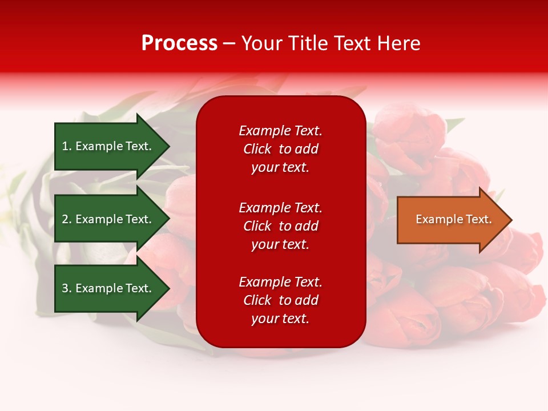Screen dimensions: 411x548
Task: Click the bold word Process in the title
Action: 179,43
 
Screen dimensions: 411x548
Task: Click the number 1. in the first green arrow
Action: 67,146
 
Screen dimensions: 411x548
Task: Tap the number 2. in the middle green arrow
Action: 67,219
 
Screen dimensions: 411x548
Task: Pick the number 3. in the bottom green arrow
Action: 67,288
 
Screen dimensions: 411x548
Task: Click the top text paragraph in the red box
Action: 280,149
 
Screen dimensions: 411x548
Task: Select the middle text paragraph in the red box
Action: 280,226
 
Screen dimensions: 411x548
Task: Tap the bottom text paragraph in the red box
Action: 280,300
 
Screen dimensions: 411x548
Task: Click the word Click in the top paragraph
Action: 257,149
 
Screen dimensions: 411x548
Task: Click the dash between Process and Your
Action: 229,44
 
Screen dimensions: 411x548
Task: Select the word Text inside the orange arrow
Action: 478,219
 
